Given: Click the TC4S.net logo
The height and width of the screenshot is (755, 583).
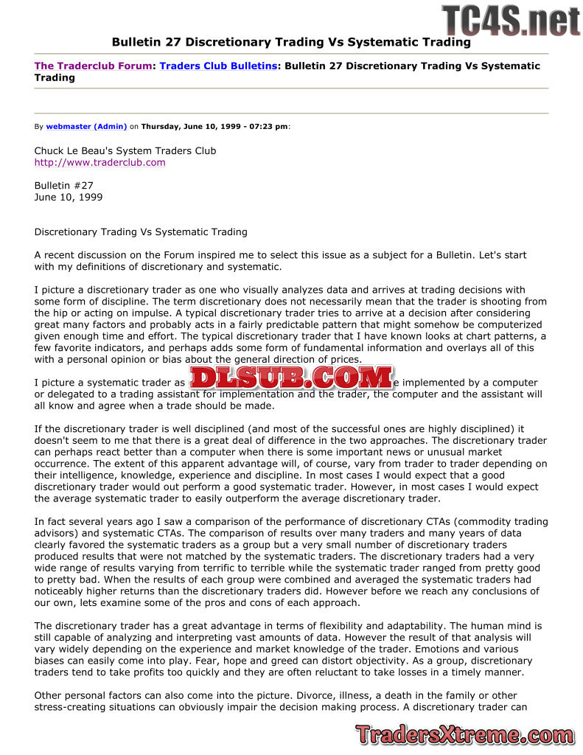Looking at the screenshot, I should click(x=511, y=20).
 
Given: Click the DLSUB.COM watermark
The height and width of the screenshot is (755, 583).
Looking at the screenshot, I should click(x=290, y=377).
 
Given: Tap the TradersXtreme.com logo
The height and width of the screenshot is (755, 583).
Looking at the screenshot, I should click(x=464, y=734).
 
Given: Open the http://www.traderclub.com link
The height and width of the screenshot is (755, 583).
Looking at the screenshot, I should click(x=100, y=162).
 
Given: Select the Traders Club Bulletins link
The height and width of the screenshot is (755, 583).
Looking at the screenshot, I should click(x=219, y=66).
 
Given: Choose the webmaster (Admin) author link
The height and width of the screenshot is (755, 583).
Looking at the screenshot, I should click(x=86, y=126).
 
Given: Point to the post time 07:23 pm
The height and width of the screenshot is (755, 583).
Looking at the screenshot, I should click(x=268, y=126).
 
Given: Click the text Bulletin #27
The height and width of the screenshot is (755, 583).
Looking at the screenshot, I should click(x=64, y=186).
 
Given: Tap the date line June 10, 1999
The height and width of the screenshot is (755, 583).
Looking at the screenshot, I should click(x=69, y=198).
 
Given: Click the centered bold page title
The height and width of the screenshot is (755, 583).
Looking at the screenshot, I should click(x=291, y=42).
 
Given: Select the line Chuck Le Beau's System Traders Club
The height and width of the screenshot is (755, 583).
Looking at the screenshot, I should click(x=125, y=150).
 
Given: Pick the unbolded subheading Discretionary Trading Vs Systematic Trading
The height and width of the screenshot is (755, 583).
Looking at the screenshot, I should click(x=141, y=232).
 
